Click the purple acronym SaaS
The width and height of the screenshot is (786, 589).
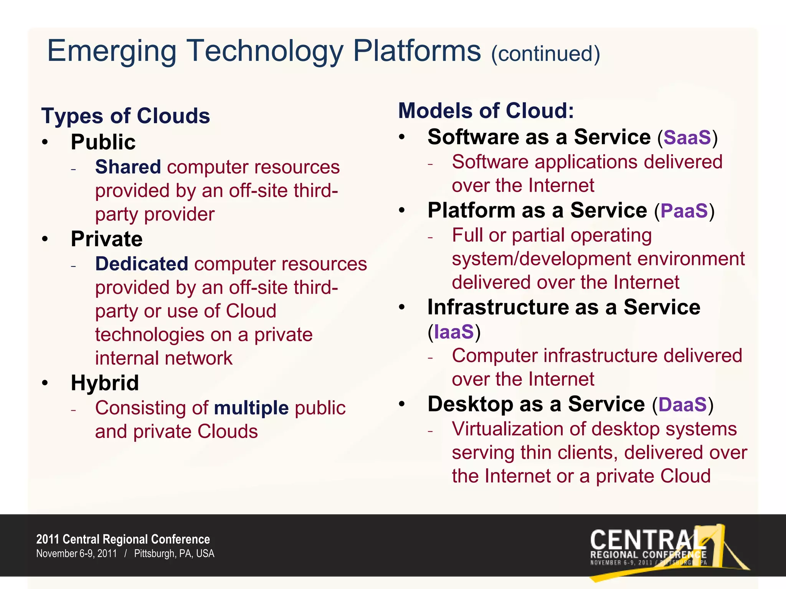687,138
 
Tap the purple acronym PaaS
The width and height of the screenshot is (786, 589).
684,211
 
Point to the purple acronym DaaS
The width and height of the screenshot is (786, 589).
682,405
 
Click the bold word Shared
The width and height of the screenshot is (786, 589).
128,167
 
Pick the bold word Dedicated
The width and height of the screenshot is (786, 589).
142,264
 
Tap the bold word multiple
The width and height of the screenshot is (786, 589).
251,408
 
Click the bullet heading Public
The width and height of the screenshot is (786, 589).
103,142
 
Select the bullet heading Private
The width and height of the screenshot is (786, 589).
107,239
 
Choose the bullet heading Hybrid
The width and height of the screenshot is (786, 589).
105,383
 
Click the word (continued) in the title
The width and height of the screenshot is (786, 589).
545,54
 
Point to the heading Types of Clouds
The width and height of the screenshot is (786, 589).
125,116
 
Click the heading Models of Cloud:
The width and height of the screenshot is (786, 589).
486,111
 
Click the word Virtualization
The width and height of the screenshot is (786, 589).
507,429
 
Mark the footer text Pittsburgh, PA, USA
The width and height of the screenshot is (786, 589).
174,554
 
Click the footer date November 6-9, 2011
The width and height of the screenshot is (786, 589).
76,554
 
